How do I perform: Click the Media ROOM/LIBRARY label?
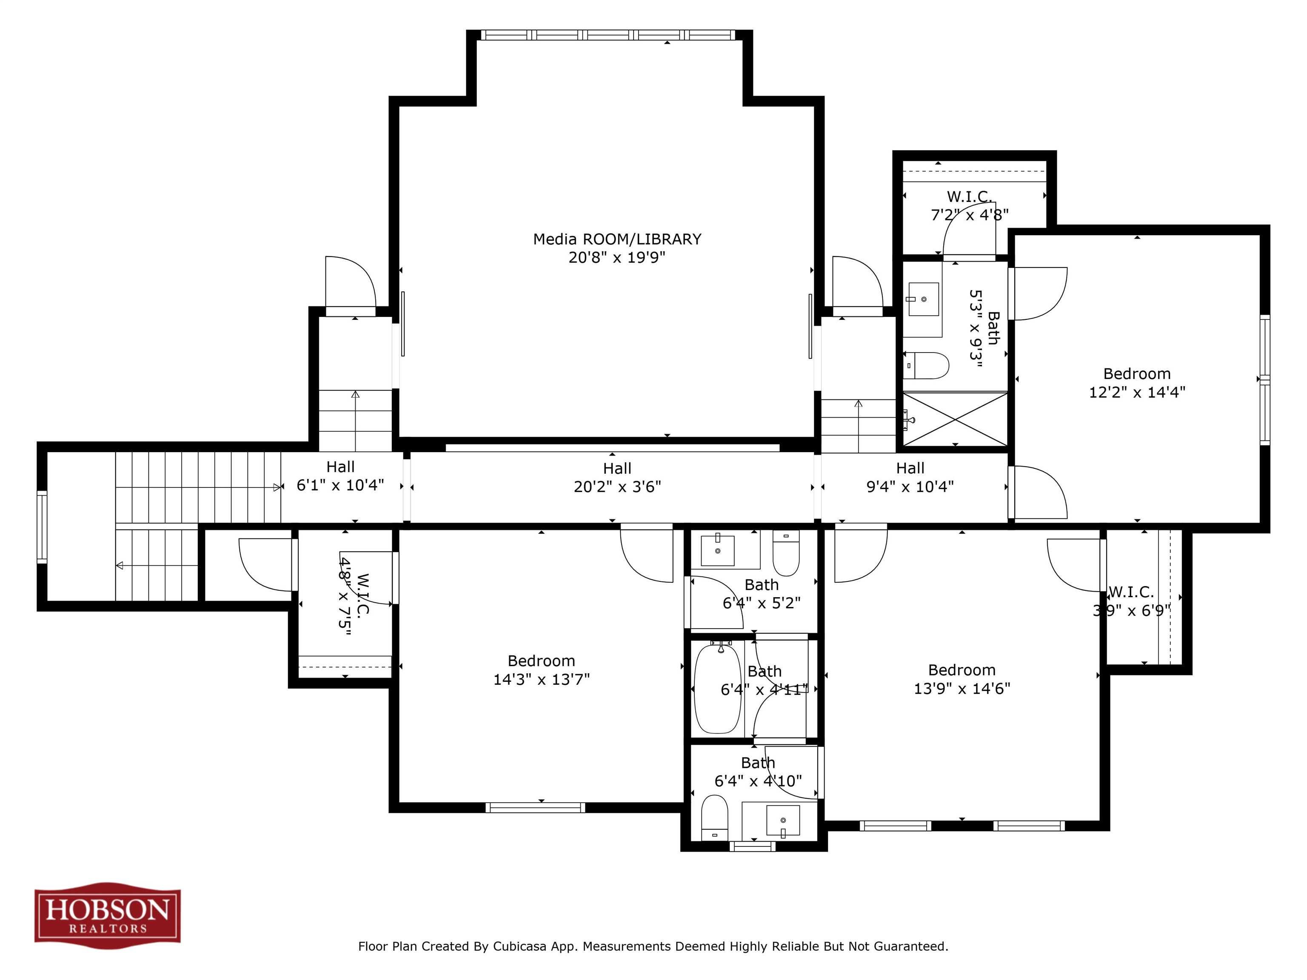617,239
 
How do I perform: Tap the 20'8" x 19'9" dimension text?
617,258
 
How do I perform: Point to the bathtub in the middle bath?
717,689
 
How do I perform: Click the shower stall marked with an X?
955,419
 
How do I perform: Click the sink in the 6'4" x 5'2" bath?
717,550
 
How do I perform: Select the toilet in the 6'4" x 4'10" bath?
714,817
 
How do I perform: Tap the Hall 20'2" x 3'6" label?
617,477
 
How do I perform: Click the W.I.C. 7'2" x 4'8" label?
970,205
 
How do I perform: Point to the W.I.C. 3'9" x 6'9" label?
1131,601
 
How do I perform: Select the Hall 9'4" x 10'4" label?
910,477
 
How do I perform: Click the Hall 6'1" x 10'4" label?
340,476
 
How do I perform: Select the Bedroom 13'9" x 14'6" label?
962,679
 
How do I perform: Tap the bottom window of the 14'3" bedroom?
535,807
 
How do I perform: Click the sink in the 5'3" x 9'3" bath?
923,299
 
